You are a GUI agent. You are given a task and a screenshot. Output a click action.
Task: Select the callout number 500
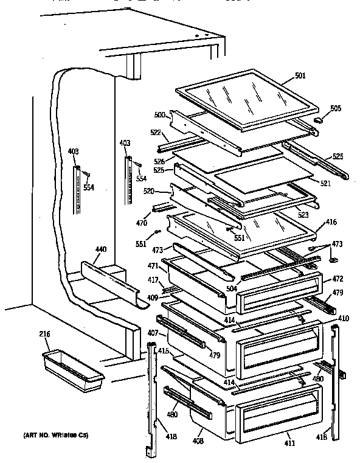point(160,114)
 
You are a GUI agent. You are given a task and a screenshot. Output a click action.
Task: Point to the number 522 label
point(155,132)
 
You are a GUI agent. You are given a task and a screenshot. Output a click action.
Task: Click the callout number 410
point(344,318)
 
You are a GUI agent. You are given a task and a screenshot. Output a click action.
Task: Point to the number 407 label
point(153,333)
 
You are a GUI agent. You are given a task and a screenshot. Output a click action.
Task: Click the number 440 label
point(101,249)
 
